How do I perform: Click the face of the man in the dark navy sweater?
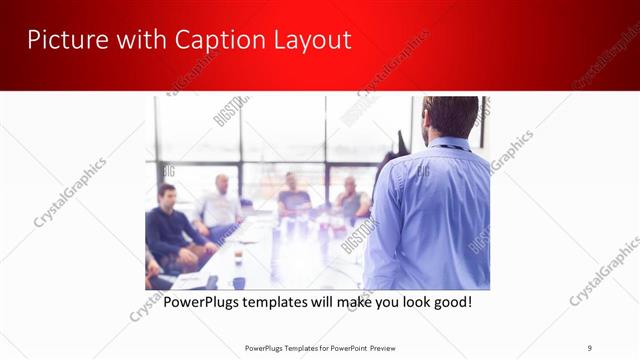(167, 195)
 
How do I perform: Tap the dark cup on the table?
(238, 259)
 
